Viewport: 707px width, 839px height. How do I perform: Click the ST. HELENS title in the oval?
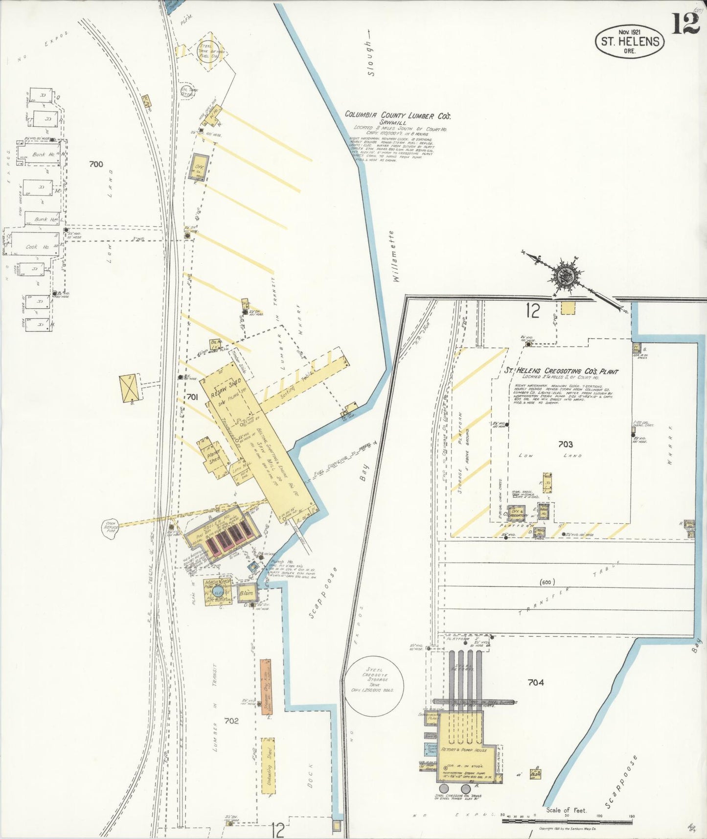pyautogui.click(x=630, y=41)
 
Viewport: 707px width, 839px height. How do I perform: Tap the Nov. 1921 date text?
pyautogui.click(x=630, y=32)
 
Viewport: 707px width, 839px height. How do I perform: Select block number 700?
pyautogui.click(x=96, y=164)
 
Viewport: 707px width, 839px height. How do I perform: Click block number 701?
pyautogui.click(x=192, y=397)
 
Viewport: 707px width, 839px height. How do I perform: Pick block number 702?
pyautogui.click(x=231, y=720)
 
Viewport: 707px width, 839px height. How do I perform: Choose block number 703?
pyautogui.click(x=565, y=444)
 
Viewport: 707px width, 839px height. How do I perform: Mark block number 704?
pyautogui.click(x=536, y=682)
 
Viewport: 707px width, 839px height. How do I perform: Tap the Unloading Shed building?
pyautogui.click(x=268, y=767)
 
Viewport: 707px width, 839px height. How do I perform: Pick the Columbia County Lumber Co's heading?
pyautogui.click(x=397, y=115)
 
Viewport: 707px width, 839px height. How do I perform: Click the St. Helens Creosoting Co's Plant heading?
pyautogui.click(x=561, y=372)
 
